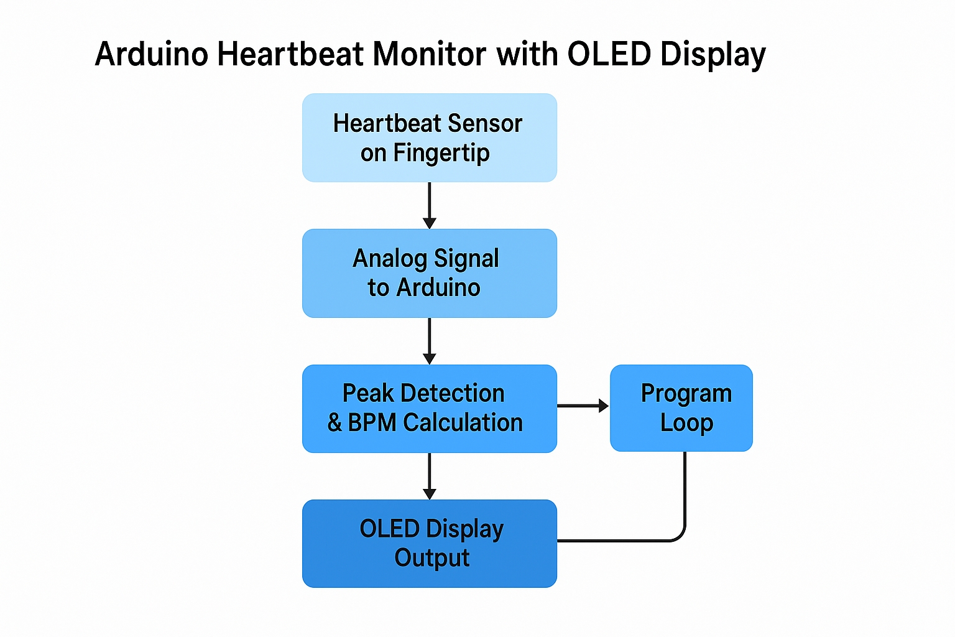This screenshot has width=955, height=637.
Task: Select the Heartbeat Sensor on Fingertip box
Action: (429, 137)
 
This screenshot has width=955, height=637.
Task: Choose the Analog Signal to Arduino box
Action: (429, 273)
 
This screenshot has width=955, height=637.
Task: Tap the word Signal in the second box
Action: (466, 259)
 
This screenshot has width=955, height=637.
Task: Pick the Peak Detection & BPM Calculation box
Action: (429, 408)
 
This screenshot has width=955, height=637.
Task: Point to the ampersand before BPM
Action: (334, 423)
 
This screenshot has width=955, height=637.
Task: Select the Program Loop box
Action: (681, 408)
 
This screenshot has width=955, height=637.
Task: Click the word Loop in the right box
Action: (686, 423)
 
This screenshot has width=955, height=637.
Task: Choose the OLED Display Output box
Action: (429, 543)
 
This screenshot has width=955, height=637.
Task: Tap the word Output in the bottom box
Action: (431, 558)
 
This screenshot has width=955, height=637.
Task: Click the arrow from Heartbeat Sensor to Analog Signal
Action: (429, 205)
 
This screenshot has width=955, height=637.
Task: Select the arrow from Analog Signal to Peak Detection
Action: (429, 341)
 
